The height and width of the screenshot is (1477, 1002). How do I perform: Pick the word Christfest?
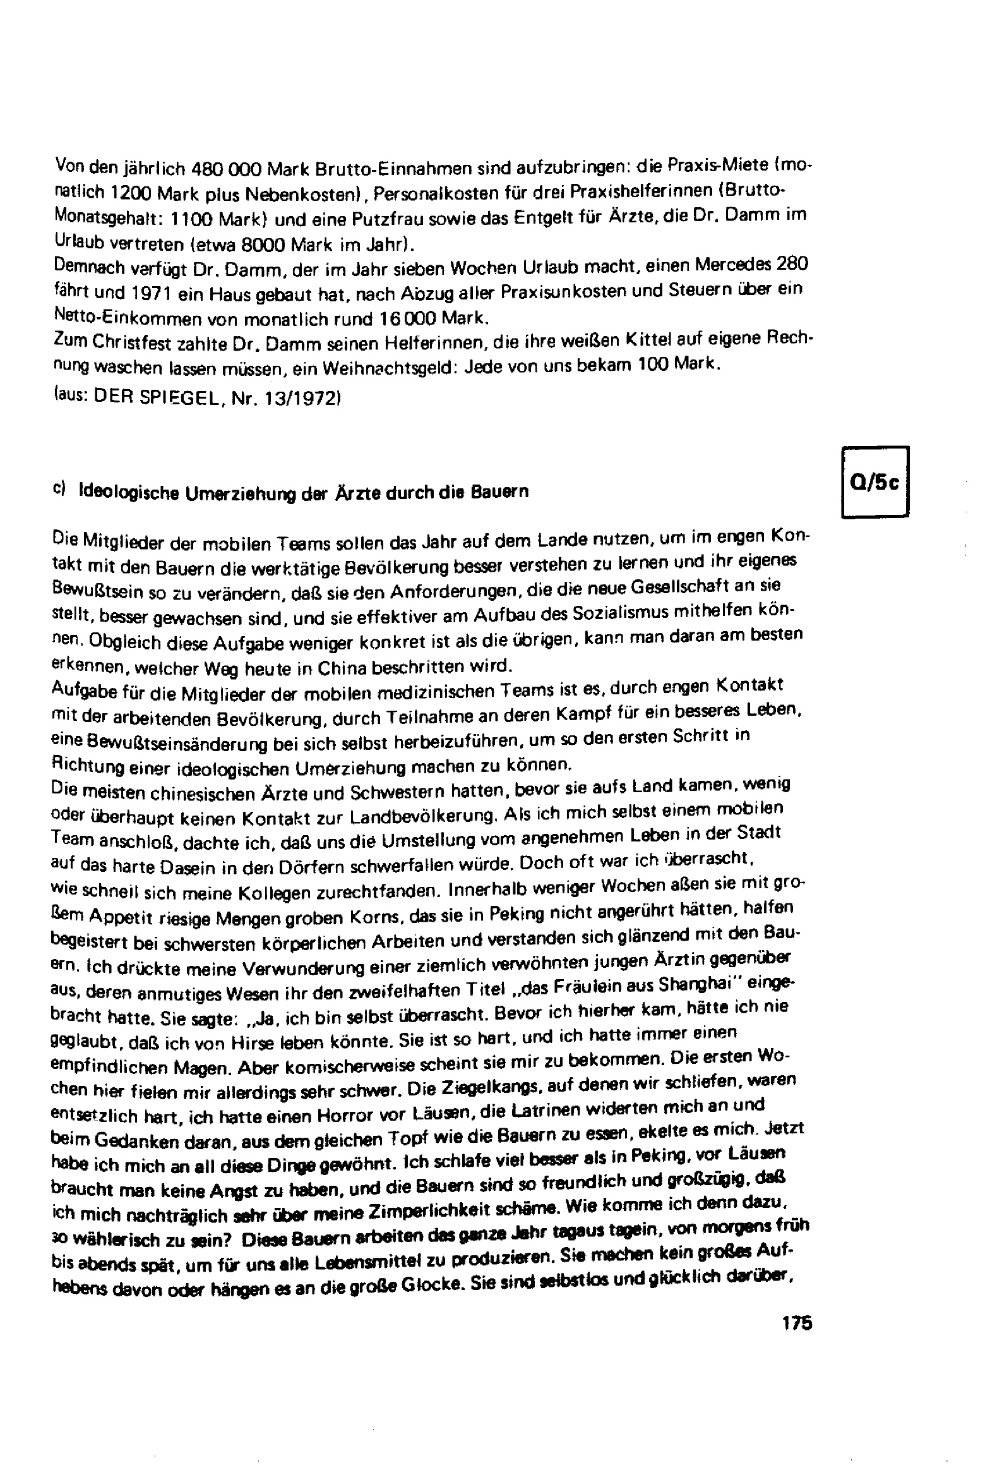click(128, 342)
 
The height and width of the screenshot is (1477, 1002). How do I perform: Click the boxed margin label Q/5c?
click(874, 483)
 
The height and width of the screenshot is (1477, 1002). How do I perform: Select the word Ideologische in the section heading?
click(126, 493)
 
